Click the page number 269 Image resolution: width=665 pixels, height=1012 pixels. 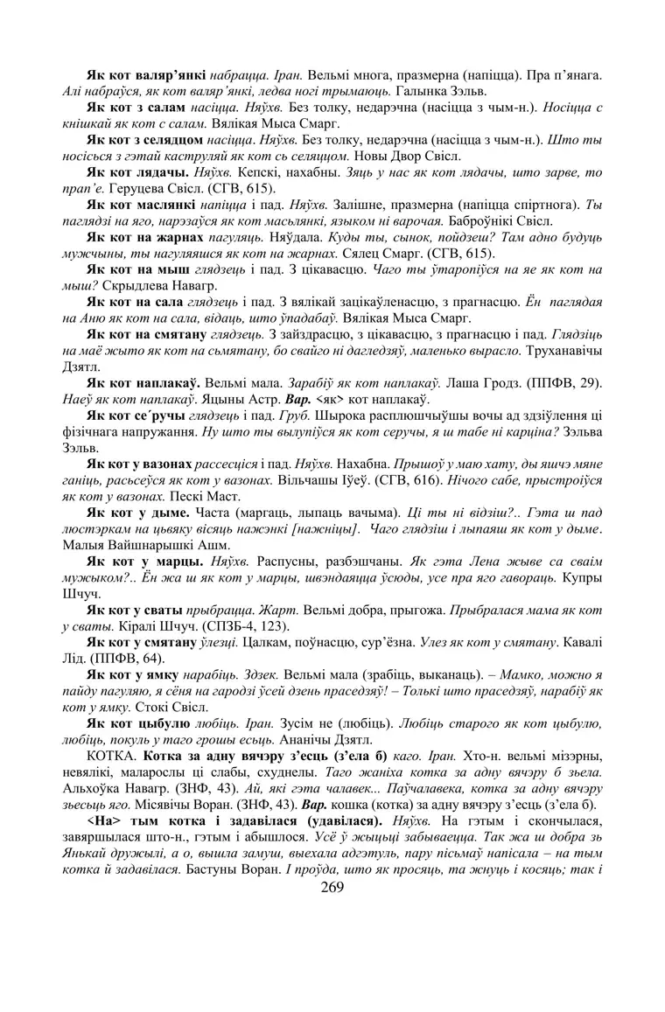[x=332, y=887]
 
